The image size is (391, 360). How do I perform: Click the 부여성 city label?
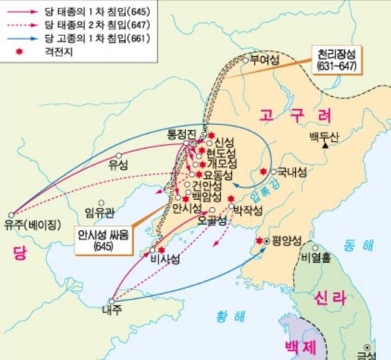point(259,61)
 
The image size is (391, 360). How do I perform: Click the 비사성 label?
point(165,260)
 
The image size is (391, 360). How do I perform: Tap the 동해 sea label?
point(356,244)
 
